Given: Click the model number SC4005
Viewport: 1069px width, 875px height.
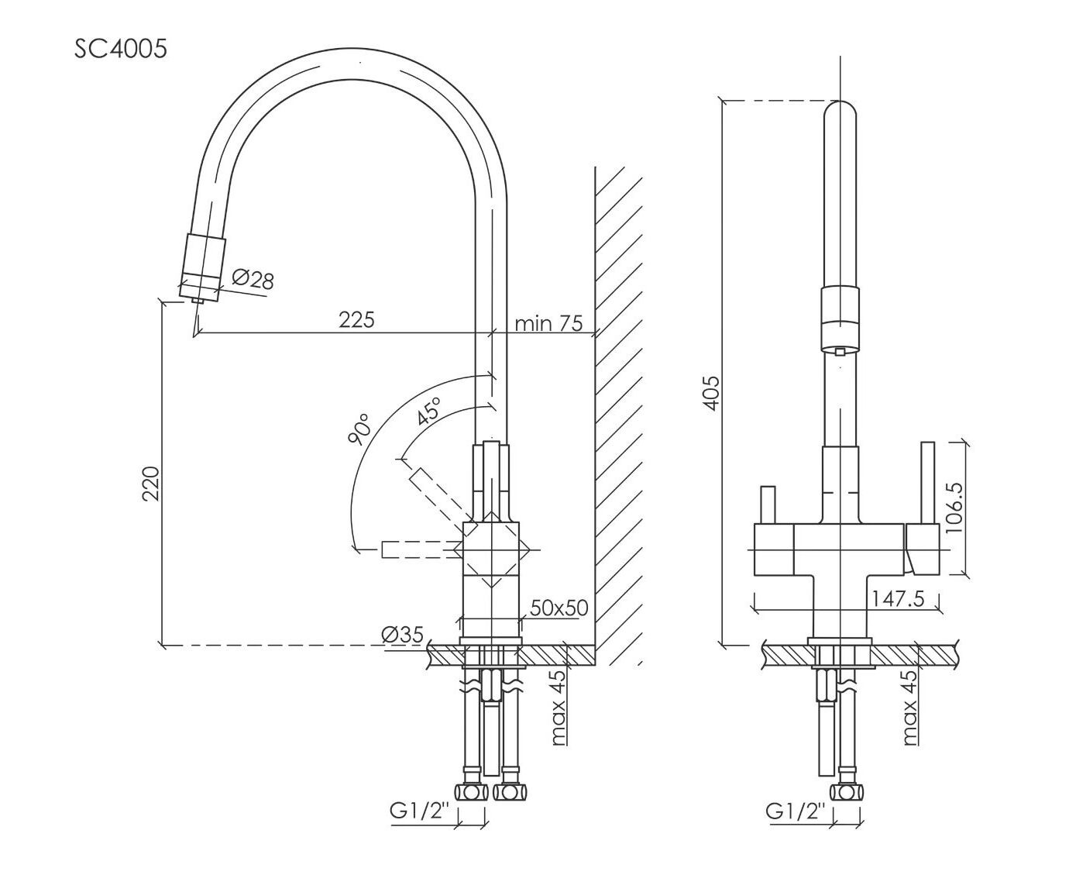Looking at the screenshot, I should pyautogui.click(x=120, y=49).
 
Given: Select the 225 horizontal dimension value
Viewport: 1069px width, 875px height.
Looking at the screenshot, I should pyautogui.click(x=356, y=319).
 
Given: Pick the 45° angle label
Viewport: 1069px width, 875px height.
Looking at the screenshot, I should pyautogui.click(x=428, y=412).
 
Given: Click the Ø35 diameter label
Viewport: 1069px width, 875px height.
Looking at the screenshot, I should pyautogui.click(x=402, y=635).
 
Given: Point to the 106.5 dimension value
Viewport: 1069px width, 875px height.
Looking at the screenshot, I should pyautogui.click(x=954, y=508).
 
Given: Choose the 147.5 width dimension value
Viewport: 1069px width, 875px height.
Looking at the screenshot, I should pyautogui.click(x=897, y=599).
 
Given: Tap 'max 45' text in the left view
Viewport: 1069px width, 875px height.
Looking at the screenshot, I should pyautogui.click(x=558, y=709).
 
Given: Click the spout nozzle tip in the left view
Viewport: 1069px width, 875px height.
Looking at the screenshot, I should pyautogui.click(x=198, y=298).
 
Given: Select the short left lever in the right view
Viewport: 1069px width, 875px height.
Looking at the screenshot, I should pyautogui.click(x=768, y=505).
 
